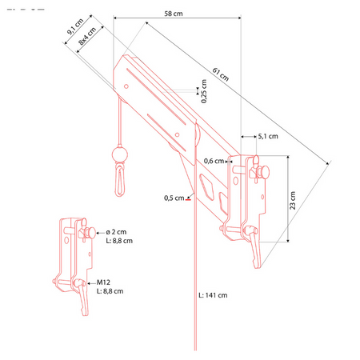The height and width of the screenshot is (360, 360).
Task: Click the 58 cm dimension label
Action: coord(174,14)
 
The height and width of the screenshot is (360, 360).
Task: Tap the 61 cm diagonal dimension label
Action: coord(221,74)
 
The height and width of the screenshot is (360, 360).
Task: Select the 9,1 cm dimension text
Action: coord(75,26)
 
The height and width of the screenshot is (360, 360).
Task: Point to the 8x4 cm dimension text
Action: coord(87,36)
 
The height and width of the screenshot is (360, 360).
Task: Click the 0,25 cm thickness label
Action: coord(204,91)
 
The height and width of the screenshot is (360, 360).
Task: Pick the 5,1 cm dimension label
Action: coord(268,136)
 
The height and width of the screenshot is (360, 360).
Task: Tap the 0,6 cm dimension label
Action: coord(214,161)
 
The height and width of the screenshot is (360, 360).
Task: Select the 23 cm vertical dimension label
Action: coord(293,200)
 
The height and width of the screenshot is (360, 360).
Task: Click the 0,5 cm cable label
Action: coord(174,198)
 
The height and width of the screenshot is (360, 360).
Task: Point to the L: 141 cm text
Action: coord(213,295)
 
